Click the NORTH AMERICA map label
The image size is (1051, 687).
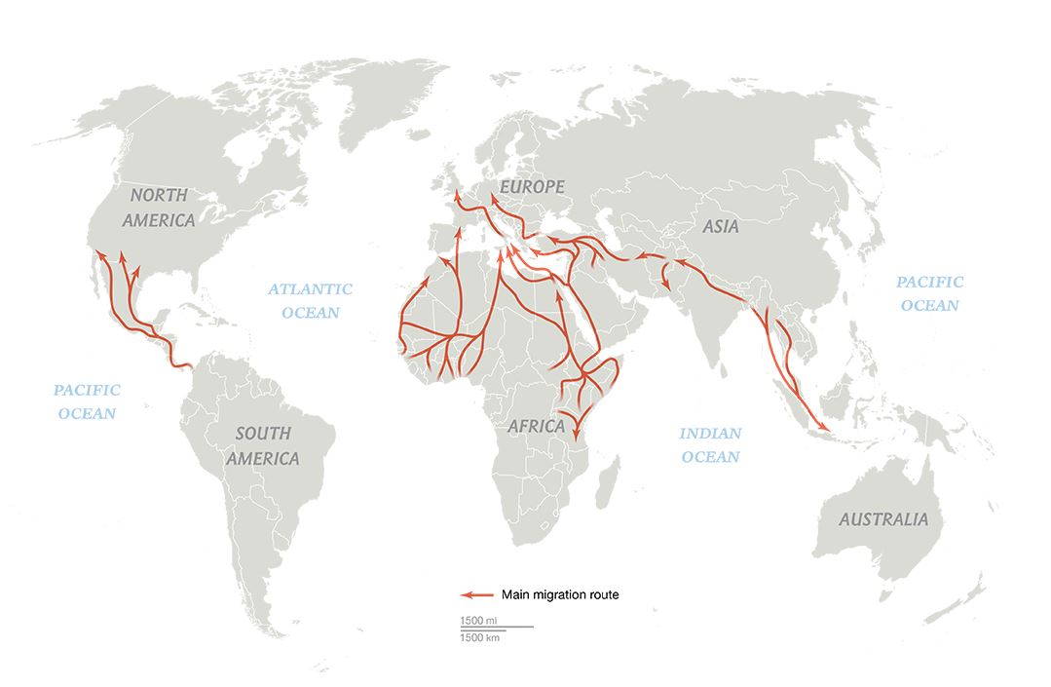[159, 208]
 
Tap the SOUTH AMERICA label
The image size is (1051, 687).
[263, 447]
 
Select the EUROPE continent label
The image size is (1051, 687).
[531, 185]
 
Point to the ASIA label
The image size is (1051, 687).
[719, 226]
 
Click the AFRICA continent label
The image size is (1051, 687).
[536, 426]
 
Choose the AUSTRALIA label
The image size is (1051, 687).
[883, 519]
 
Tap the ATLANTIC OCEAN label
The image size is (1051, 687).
[311, 300]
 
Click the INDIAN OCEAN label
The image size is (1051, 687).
[710, 444]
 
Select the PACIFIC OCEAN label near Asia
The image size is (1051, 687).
[930, 293]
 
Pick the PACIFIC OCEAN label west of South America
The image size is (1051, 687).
[87, 401]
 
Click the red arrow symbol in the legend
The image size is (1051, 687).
[475, 594]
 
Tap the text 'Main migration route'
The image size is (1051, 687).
[560, 594]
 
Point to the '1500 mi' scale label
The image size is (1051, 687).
[477, 621]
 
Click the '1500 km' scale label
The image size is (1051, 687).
[478, 636]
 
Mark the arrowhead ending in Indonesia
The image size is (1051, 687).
[824, 429]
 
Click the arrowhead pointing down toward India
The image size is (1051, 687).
[666, 285]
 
